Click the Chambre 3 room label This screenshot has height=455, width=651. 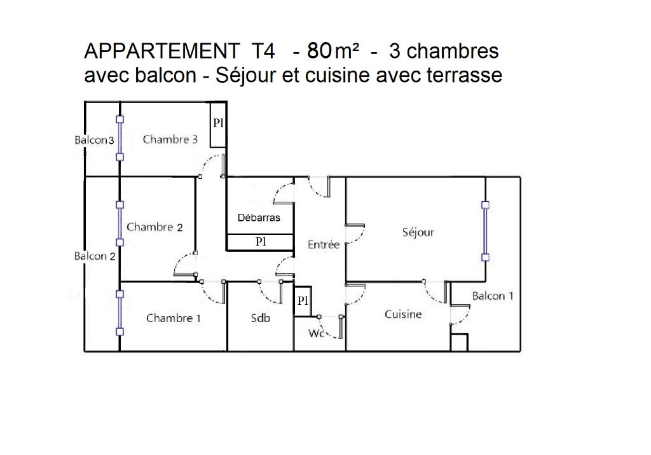click(170, 139)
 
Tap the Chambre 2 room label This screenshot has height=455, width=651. click(154, 227)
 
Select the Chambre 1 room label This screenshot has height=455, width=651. click(173, 318)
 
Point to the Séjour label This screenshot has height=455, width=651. click(418, 232)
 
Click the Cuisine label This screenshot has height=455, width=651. click(403, 314)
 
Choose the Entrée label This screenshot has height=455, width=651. click(323, 244)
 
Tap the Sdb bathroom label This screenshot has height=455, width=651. click(261, 318)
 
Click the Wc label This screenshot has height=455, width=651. click(317, 333)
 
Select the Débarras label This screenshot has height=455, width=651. click(259, 218)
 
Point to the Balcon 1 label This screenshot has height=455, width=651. click(492, 295)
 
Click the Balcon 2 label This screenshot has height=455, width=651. click(95, 256)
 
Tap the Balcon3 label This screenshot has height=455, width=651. click(94, 140)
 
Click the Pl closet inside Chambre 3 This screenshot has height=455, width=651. click(218, 123)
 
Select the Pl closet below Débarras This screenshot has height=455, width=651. click(261, 242)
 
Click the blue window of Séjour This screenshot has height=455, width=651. click(485, 231)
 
